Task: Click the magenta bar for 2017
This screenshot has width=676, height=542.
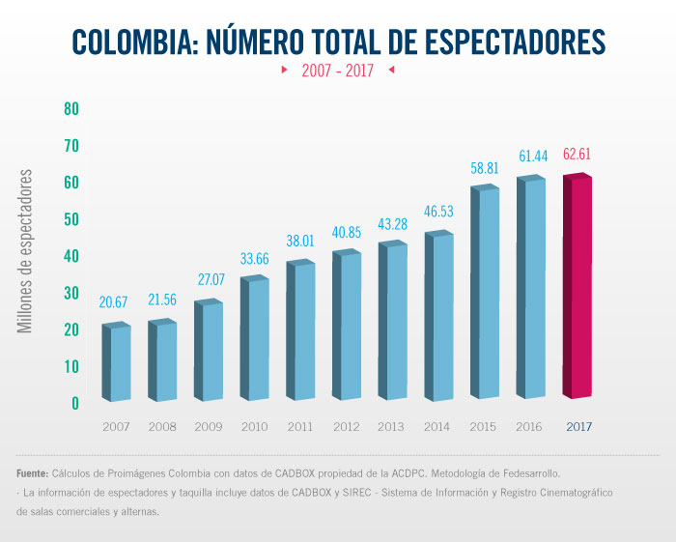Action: coord(577,287)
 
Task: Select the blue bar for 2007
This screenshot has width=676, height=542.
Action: coord(117,363)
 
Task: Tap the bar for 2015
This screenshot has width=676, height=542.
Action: coord(486,293)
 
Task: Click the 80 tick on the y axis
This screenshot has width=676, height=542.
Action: coord(71,108)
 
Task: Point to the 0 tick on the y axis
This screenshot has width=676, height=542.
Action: coord(74,403)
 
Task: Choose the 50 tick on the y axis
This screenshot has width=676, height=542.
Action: coord(71,219)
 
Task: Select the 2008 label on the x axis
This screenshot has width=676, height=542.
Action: coord(163,426)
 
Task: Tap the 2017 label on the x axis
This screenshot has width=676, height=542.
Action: coord(578,426)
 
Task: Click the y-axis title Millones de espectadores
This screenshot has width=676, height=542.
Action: coord(27,252)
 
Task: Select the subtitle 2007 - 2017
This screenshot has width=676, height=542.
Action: coord(337,71)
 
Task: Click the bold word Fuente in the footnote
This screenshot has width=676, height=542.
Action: coord(34,474)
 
